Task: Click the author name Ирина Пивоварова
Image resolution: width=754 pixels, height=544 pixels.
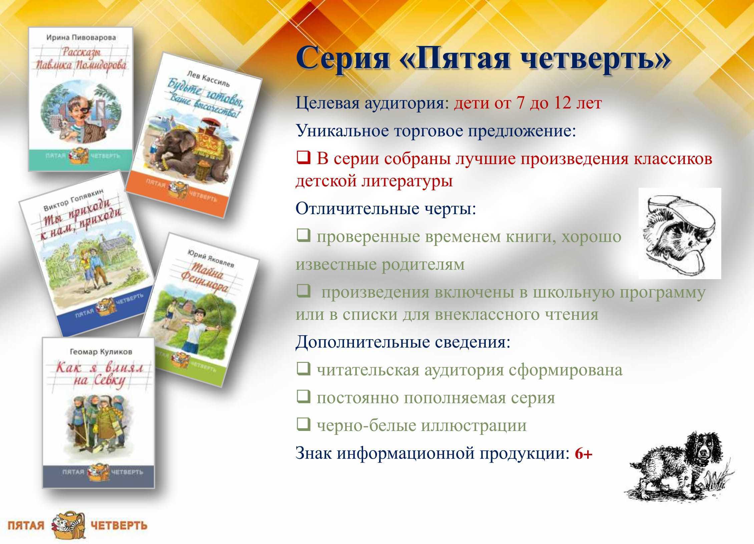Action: (x=81, y=38)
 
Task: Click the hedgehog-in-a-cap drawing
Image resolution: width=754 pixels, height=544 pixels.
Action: (x=679, y=233)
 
